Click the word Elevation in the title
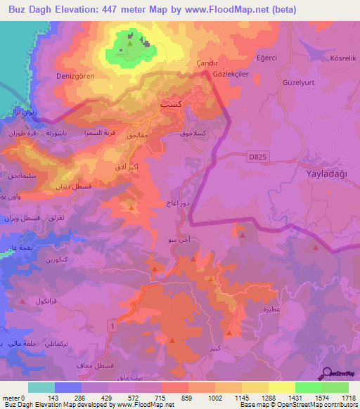(x=73, y=9)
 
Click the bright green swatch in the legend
(x=308, y=387)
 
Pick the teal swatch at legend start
(x=41, y=387)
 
